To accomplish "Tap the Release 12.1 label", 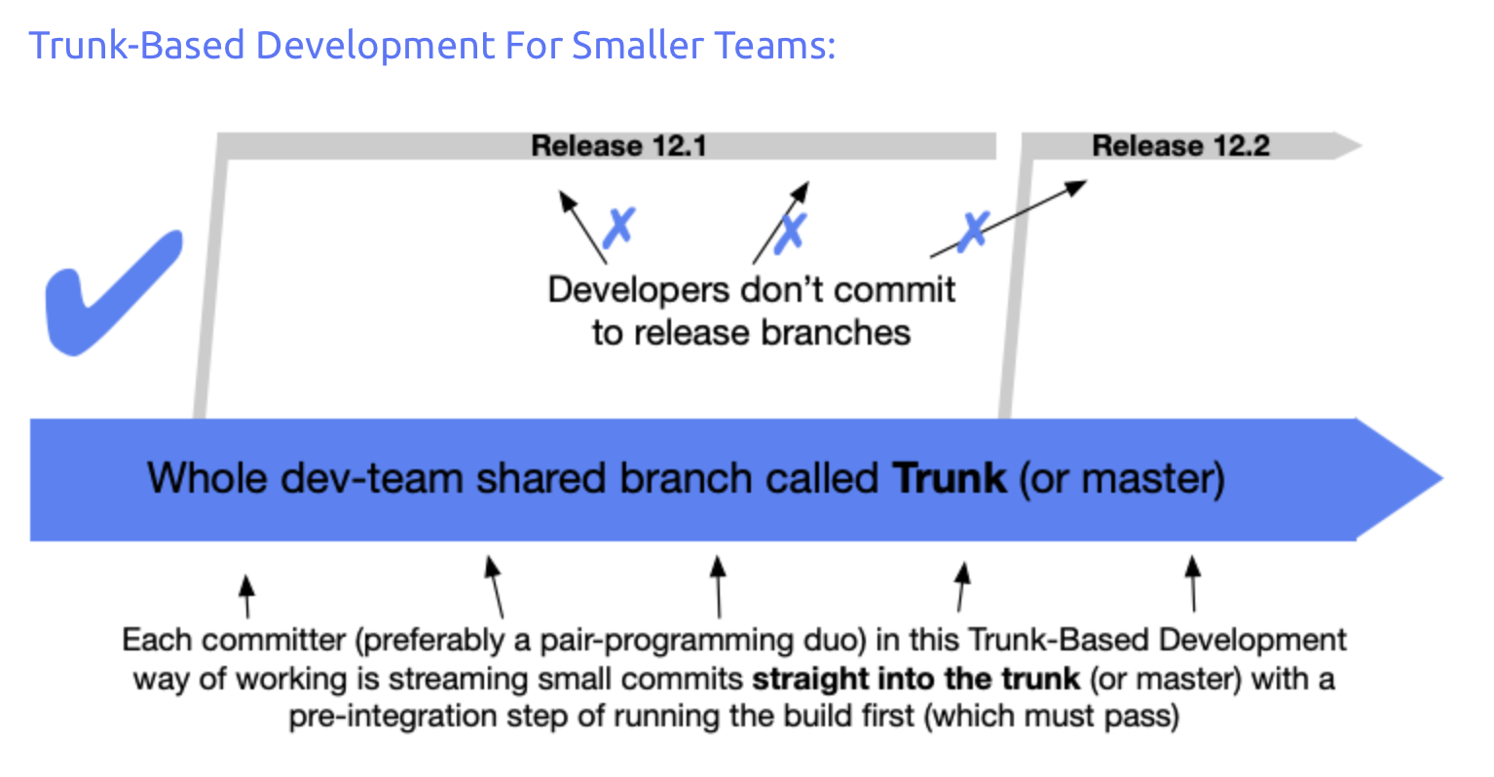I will coord(618,146).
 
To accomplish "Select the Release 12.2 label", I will coord(1180,146).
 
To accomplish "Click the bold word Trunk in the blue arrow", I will coord(950,479).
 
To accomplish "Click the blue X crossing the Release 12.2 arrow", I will coord(972,231).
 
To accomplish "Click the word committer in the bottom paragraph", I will coord(274,640).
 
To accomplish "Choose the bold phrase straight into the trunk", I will coord(915,679).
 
